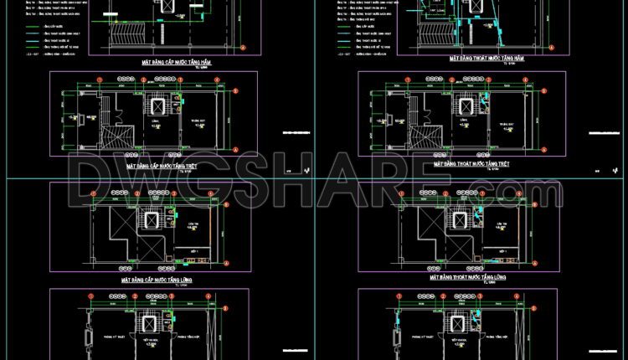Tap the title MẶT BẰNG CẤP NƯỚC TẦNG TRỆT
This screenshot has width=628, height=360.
point(160,167)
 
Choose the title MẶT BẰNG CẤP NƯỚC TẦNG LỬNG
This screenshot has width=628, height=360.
point(157,280)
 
